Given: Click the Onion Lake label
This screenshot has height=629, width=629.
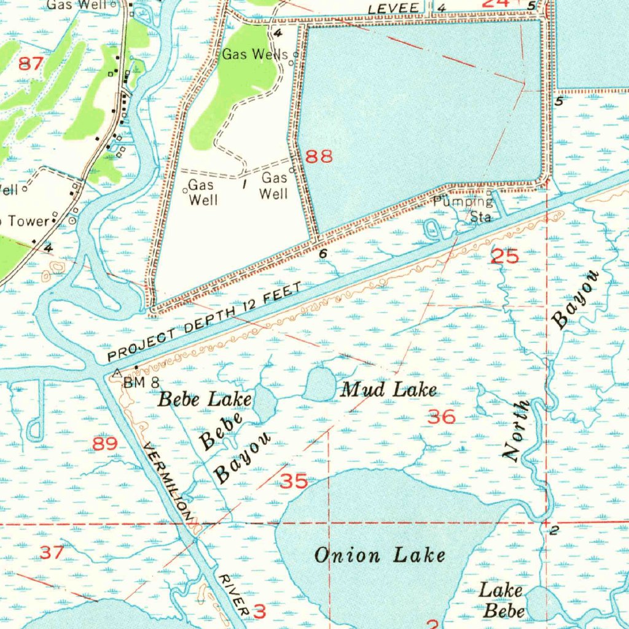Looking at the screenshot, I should click(379, 555).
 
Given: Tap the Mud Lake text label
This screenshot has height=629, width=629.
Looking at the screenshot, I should click(389, 389).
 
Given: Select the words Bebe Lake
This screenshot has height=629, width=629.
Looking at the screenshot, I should click(205, 399).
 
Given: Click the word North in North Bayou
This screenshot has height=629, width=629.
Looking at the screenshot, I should click(516, 429).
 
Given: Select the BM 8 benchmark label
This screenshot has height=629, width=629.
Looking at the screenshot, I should click(141, 383).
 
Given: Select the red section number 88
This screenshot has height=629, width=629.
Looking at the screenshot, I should click(319, 157).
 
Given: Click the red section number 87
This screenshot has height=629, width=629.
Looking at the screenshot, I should click(31, 63).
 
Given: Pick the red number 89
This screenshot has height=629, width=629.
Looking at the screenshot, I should click(105, 443).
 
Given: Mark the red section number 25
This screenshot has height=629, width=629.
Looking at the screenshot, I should click(506, 256).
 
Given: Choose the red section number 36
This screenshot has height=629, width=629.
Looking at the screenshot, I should click(442, 418).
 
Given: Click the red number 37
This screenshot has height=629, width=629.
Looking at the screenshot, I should click(52, 552).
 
